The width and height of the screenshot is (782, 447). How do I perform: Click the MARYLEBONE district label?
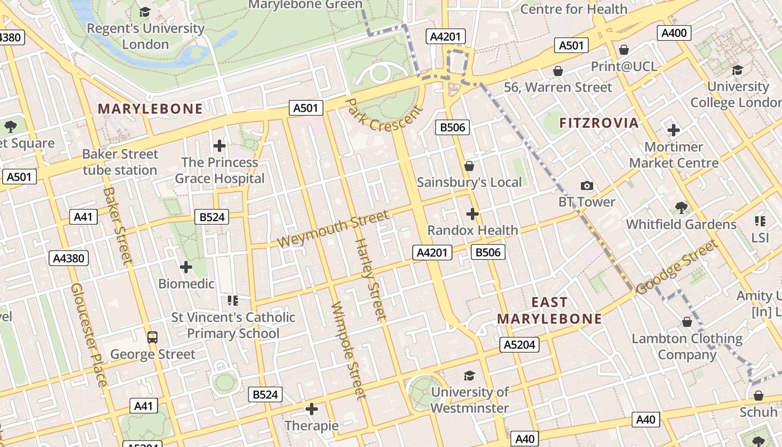[x=150, y=109]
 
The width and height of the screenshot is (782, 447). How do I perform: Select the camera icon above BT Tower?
[x=586, y=186]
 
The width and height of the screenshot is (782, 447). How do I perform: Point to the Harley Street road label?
[x=371, y=279]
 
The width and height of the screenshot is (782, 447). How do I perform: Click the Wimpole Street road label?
[x=348, y=351]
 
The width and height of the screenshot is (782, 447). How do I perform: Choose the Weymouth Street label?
[x=333, y=229]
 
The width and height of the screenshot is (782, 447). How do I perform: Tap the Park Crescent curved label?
[x=384, y=116]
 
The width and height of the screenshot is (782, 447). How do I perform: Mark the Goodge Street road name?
[x=676, y=267]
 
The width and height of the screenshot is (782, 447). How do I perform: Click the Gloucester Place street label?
[x=88, y=335]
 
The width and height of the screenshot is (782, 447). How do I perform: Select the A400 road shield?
[x=674, y=33]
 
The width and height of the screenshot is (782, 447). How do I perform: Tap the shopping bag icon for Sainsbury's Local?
[x=469, y=166]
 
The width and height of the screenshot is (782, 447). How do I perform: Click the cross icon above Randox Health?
[x=473, y=214]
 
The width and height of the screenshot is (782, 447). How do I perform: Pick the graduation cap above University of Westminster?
[x=469, y=375]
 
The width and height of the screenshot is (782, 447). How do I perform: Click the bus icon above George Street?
[x=152, y=337]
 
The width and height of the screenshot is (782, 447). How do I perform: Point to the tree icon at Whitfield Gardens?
[x=680, y=208]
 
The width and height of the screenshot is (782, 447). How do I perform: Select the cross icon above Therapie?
[x=312, y=409]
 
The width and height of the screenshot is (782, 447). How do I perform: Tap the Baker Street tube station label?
[x=120, y=162]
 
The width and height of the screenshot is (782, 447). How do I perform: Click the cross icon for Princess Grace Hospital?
[x=220, y=146]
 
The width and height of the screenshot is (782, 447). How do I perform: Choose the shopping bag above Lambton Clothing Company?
[x=687, y=322]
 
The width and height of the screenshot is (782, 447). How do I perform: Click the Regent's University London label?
[x=146, y=36]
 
